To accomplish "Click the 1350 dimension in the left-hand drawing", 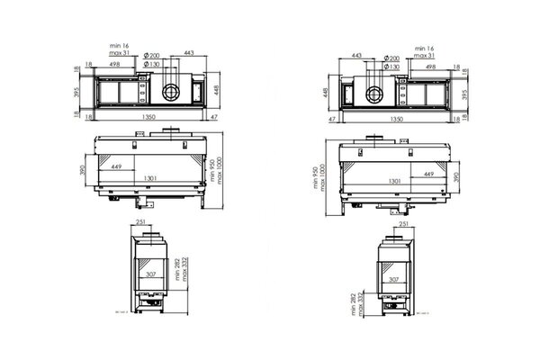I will coord(147,117).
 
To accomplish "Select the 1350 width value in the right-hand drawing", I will coord(391,117).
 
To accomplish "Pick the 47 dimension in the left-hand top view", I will coord(213,117).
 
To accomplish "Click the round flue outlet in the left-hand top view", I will coord(169,91).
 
